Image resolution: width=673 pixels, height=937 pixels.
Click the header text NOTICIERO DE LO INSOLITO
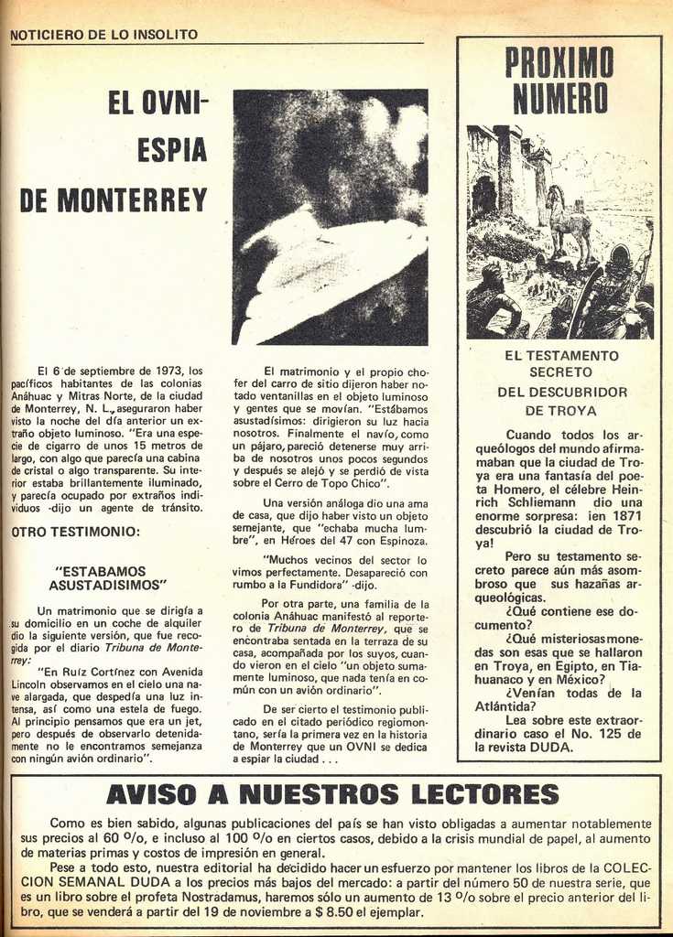coord(103,35)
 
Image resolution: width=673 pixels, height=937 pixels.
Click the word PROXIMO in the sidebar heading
coord(559,63)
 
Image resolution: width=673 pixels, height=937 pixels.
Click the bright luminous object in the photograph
coord(339,270)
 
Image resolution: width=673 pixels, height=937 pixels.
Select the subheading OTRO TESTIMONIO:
coord(75,532)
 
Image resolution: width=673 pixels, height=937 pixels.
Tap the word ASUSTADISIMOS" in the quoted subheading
coord(107,584)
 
